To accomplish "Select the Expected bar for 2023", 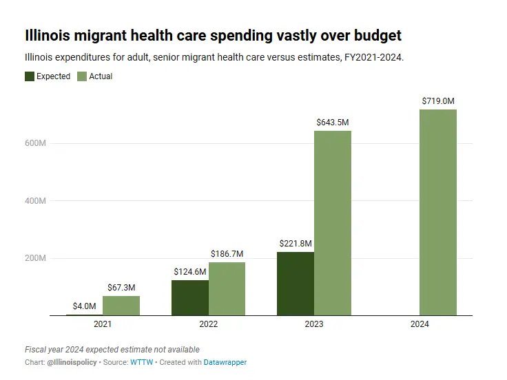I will pyautogui.click(x=296, y=284).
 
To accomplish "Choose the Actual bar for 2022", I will pyautogui.click(x=227, y=288).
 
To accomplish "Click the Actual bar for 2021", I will pyautogui.click(x=121, y=306).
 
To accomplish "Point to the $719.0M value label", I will pyautogui.click(x=438, y=101).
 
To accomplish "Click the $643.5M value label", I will pyautogui.click(x=333, y=123).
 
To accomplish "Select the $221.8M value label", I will pyautogui.click(x=296, y=244).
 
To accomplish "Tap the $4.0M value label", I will pyautogui.click(x=85, y=306).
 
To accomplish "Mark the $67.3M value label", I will pyautogui.click(x=121, y=288).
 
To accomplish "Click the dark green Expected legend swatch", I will pyautogui.click(x=30, y=76).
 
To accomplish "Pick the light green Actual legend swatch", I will pyautogui.click(x=82, y=76).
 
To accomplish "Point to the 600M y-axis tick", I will pyautogui.click(x=36, y=143).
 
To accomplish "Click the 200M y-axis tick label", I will pyautogui.click(x=36, y=258).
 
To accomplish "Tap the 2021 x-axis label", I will pyautogui.click(x=103, y=324).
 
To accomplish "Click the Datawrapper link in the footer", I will pyautogui.click(x=225, y=362).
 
